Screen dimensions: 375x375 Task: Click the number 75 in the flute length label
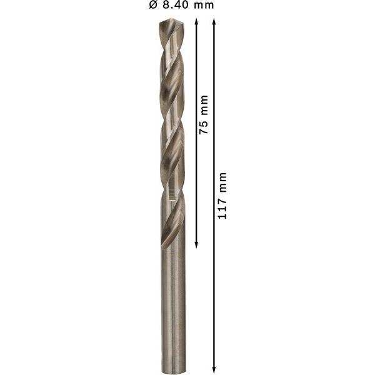[204, 126]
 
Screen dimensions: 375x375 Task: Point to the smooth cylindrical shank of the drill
[173, 300]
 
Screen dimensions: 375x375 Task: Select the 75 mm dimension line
[196, 175]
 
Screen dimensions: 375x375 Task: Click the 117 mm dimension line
[214, 281]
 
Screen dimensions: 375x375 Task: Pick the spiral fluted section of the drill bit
[172, 125]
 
